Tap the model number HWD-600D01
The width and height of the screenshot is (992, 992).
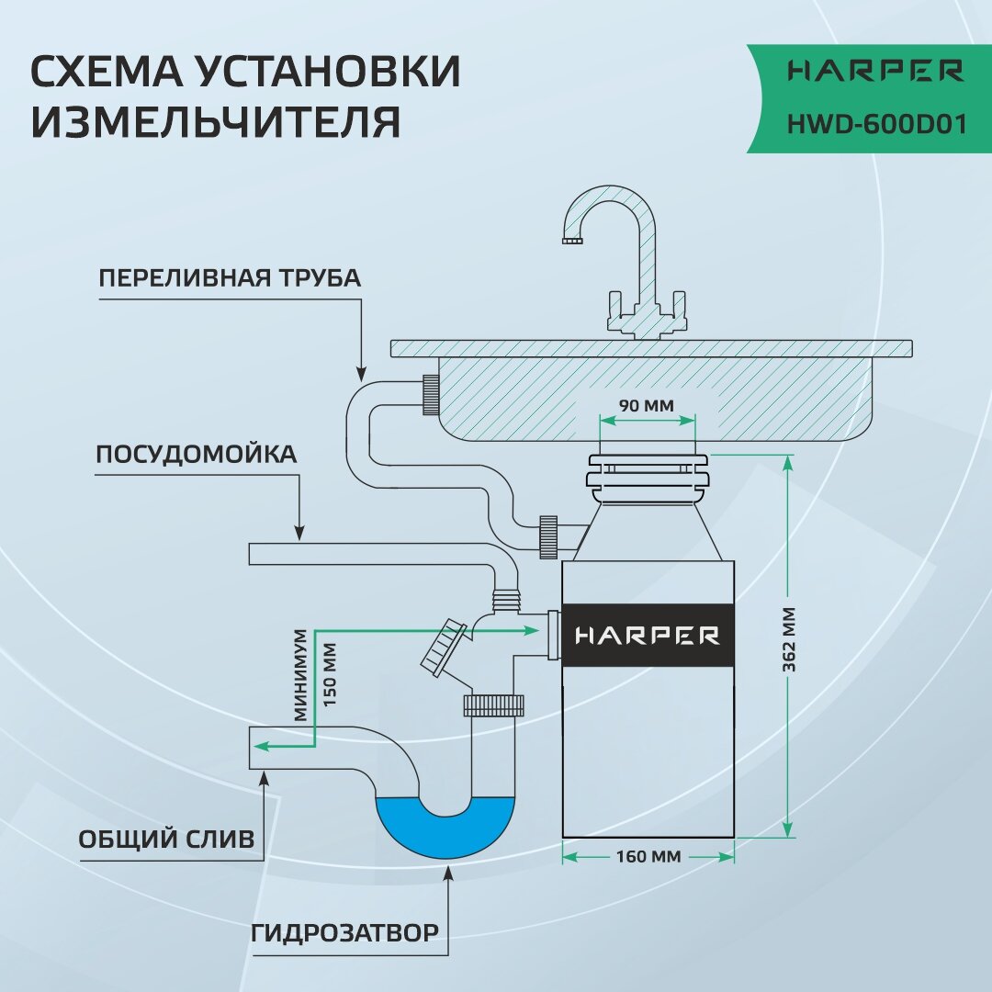876,123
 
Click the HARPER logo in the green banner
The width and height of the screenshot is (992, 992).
876,71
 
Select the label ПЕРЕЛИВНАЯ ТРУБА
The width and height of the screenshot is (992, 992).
230,278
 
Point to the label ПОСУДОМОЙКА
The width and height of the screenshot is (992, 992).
197,455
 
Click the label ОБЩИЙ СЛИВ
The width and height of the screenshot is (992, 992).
166,839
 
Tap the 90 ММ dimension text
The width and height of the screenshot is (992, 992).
646,405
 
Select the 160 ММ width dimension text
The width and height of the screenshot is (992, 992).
648,857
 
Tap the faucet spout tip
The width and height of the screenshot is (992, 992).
571,241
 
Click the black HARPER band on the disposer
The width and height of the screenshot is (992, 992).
648,635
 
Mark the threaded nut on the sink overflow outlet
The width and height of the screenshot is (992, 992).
431,396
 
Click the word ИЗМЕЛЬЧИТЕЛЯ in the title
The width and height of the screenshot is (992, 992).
216,123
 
